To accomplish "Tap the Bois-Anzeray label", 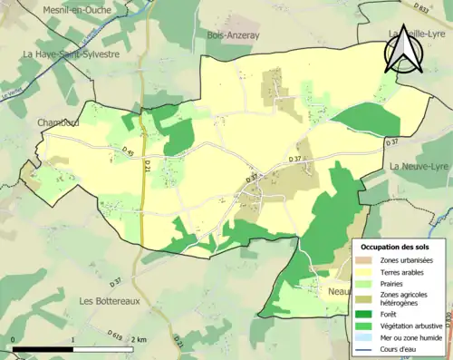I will (x=234, y=35).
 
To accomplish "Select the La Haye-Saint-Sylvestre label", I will (x=72, y=54).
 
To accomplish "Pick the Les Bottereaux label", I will (x=110, y=301).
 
